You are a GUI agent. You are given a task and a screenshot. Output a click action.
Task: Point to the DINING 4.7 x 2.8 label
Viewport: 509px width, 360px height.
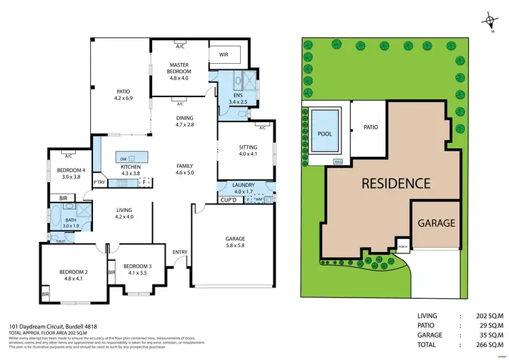tap(185, 122)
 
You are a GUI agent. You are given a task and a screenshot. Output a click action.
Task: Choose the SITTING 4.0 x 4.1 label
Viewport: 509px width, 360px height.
tap(248, 151)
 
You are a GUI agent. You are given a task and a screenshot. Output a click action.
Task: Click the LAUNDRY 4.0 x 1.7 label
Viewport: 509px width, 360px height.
tap(242, 188)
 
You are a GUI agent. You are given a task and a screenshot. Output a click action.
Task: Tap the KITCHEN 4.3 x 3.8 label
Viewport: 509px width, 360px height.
tap(130, 170)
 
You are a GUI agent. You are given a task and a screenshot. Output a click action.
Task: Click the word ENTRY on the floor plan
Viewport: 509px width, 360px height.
tap(179, 253)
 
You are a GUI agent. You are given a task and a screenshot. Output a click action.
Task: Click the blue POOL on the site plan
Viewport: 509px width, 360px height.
tap(325, 133)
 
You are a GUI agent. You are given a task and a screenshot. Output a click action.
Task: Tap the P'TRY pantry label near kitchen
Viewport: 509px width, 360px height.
tap(99, 183)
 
